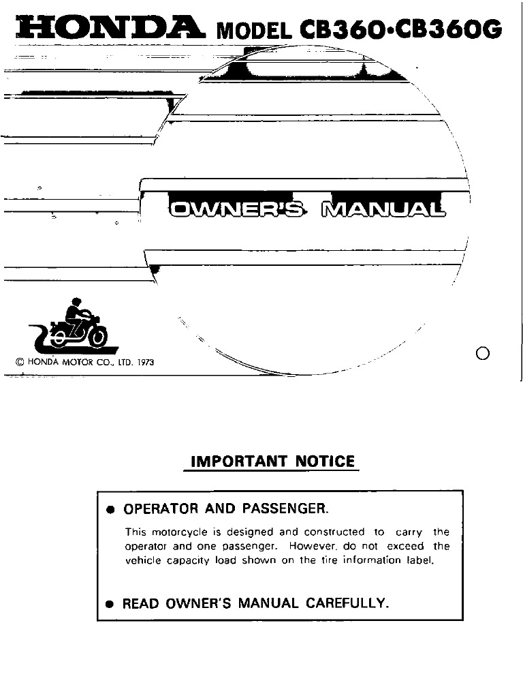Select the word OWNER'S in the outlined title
pos(237,209)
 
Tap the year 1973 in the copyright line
pos(145,363)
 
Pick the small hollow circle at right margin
pos(484,352)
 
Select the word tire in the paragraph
pos(330,560)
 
